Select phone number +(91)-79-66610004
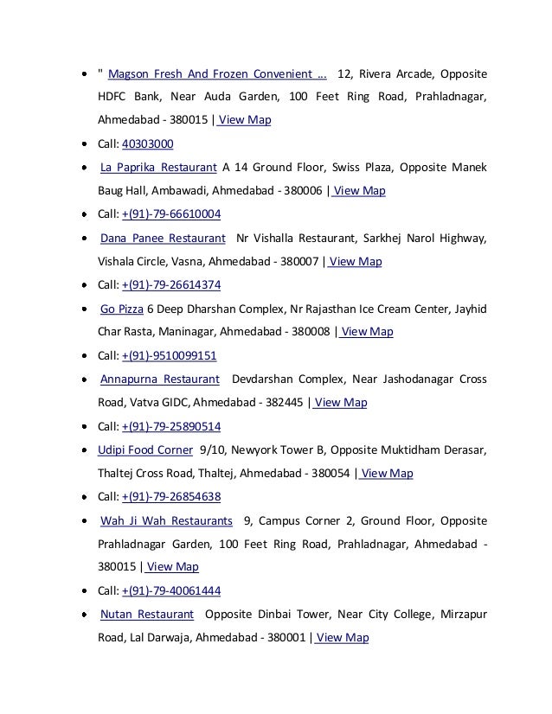pos(171,214)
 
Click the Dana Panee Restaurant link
pos(163,238)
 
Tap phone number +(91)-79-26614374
pos(171,285)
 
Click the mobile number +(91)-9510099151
pos(170,355)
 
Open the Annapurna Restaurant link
pos(159,379)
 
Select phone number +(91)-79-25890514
pos(171,426)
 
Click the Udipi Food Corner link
pos(146,449)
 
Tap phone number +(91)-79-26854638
pos(171,497)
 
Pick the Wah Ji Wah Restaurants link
pos(166,520)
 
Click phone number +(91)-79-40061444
pos(171,591)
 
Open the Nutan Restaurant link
pos(146,615)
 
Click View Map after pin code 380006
pos(359,191)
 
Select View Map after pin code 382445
pos(341,403)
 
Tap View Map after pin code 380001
pos(343,638)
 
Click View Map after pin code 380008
pos(367,332)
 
